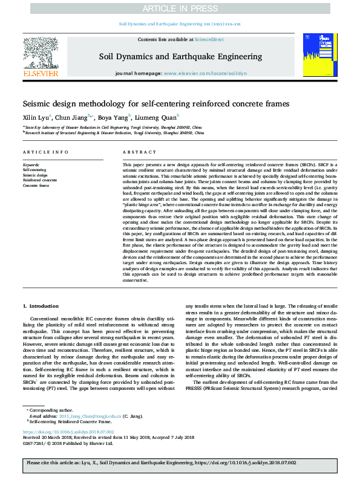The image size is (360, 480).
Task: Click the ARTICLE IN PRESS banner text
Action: click(179, 8)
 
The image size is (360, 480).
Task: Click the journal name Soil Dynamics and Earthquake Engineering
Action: click(179, 56)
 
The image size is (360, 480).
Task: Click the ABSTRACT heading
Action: click(135, 153)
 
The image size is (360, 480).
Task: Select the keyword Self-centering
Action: click(34, 170)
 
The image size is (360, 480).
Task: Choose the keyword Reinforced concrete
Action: click(40, 180)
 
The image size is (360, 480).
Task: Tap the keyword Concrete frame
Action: click(36, 185)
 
